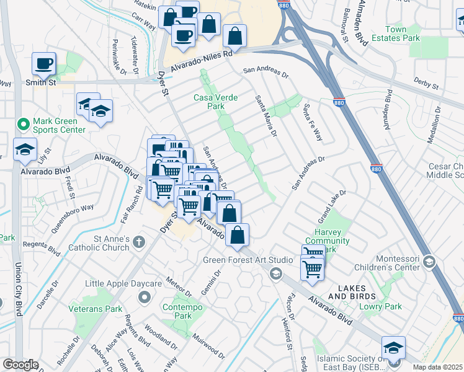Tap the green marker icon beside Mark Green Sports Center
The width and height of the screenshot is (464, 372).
[x=24, y=125]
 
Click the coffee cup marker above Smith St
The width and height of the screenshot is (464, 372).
[x=44, y=63]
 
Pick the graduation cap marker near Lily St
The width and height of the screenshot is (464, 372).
[x=25, y=149]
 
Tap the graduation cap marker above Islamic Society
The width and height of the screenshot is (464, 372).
[x=393, y=348]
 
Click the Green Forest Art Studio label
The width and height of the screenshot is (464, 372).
[x=239, y=260]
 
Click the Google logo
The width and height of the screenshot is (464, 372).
[x=20, y=364]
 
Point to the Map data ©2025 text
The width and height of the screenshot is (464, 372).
[x=437, y=367]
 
